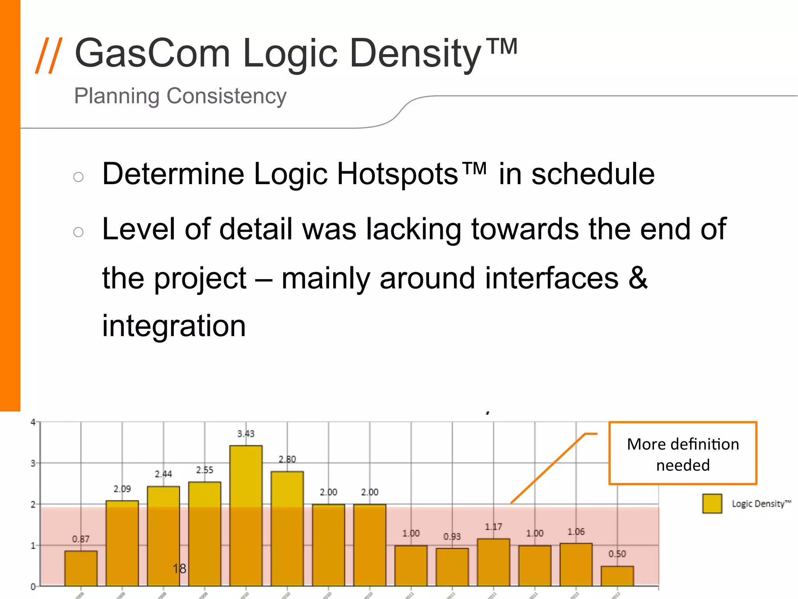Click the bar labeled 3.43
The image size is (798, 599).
pos(246,515)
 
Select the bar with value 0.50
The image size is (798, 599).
pos(617,576)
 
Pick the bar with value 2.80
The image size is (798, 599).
pos(287,528)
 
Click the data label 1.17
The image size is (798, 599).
pos(493,527)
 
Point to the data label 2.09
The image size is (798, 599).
pos(122,489)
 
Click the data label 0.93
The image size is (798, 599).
pos(452,537)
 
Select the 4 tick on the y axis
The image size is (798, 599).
pos(33,422)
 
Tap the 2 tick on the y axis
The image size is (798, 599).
pos(33,504)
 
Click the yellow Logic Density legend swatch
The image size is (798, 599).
pos(712,503)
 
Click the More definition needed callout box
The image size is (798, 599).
pos(683,453)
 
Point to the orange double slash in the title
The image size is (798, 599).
pos(49,55)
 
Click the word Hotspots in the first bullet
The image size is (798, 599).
pos(397,174)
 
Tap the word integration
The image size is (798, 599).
pos(174,326)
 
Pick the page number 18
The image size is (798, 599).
pos(180,569)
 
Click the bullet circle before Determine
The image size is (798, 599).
pos(78,177)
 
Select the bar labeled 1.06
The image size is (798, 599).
pos(576,564)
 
